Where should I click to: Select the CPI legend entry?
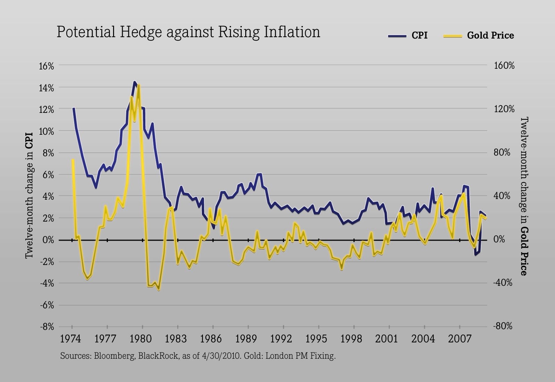click(419, 35)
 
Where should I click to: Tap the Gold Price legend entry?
click(490, 35)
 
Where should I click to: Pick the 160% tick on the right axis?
click(504, 66)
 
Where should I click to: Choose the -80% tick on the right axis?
click(503, 326)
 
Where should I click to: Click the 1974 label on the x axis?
click(71, 339)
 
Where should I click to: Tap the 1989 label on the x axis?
click(247, 339)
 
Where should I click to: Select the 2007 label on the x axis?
click(459, 339)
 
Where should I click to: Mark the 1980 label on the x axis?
click(142, 339)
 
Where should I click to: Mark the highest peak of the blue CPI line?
click(135, 82)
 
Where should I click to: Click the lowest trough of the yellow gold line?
click(159, 289)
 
